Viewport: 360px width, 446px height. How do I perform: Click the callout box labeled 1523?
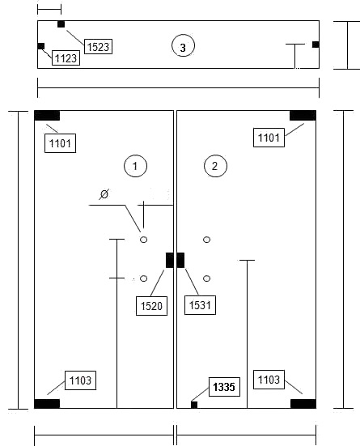pos(99,47)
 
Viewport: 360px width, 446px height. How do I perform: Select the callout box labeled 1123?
pos(66,58)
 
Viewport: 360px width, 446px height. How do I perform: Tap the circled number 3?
pos(183,46)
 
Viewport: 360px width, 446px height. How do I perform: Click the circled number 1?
pos(135,166)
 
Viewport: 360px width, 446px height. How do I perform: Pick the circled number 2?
pos(215,166)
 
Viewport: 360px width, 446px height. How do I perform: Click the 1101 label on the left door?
pos(61,143)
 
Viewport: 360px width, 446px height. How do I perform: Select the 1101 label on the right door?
pos(269,138)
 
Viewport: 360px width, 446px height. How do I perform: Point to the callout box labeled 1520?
pos(151,306)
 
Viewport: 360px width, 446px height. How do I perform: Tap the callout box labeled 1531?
pos(200,305)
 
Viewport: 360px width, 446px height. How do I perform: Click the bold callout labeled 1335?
pos(224,387)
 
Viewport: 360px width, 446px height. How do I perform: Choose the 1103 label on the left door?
pos(80,380)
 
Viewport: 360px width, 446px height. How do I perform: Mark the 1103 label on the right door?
pos(269,380)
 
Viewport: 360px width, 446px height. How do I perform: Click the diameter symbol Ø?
pos(104,194)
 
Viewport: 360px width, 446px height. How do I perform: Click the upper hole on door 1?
pos(144,240)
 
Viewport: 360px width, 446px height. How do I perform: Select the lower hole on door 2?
pos(207,278)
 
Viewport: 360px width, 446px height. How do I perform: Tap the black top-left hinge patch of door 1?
pos(47,116)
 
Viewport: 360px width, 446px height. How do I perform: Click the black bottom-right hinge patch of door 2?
pos(303,404)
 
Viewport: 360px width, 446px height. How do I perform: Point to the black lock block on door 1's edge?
pos(170,260)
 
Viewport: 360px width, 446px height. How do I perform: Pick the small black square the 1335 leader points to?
pos(194,405)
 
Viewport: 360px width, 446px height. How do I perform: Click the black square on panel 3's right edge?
pos(316,45)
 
